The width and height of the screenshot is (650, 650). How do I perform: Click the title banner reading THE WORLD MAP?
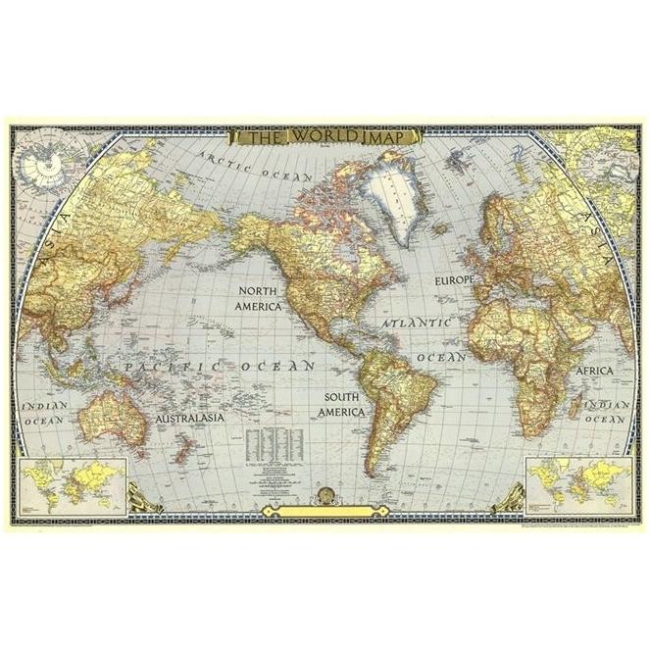(325, 137)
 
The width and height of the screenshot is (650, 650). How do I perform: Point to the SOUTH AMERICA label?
(341, 405)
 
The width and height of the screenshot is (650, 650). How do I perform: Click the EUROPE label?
(454, 280)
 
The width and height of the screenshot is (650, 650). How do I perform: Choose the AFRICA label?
(593, 372)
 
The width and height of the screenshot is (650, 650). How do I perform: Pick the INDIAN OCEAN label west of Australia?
(44, 412)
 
